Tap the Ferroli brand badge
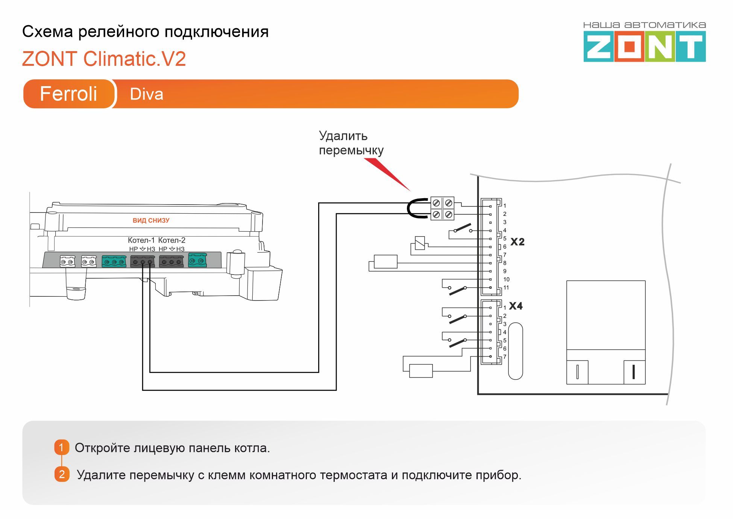click(68, 94)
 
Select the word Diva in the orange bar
click(146, 94)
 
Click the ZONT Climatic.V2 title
click(104, 59)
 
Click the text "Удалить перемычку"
click(351, 143)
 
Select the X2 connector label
click(517, 242)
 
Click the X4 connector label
click(516, 306)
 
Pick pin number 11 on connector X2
click(506, 288)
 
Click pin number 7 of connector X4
click(505, 357)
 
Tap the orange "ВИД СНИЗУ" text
click(151, 220)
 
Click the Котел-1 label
click(141, 240)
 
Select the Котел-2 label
click(171, 240)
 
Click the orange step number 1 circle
click(62, 447)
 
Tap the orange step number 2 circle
click(62, 474)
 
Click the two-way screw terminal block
click(442, 208)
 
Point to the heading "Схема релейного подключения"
click(145, 32)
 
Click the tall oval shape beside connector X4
click(515, 351)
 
